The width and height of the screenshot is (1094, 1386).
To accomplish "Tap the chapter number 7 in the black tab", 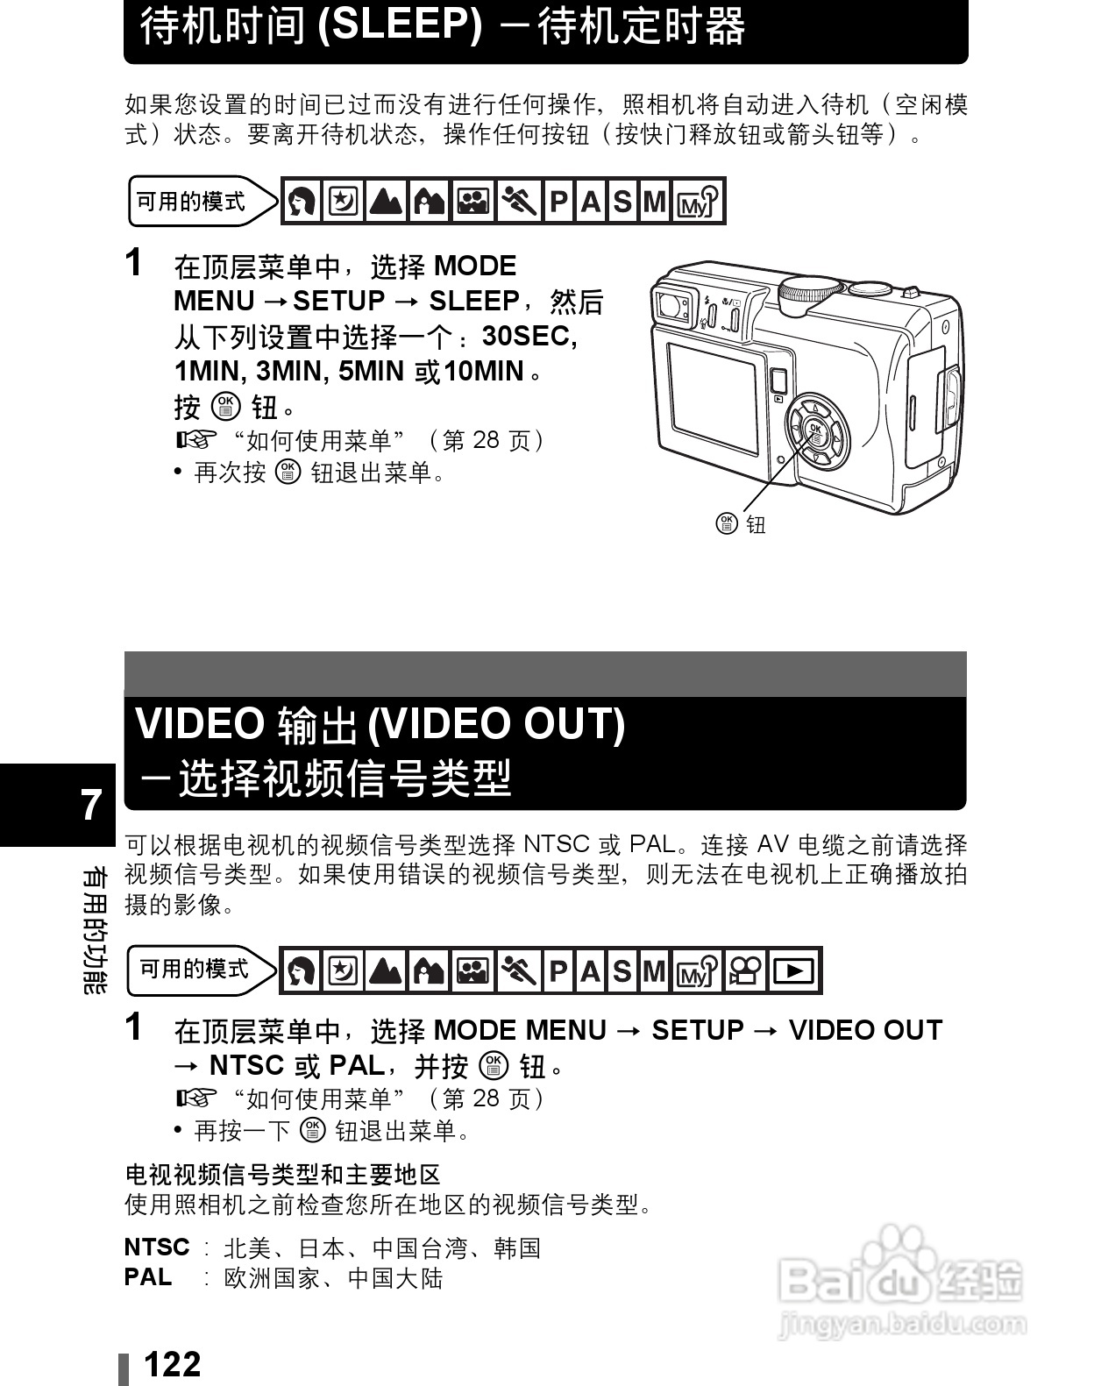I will (91, 805).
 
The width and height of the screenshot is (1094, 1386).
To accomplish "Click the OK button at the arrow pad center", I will (815, 430).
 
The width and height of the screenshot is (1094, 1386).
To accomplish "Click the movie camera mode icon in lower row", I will (746, 970).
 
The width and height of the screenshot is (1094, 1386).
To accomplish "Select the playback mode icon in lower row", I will (794, 970).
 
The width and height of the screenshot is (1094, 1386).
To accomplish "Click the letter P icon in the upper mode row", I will (558, 202).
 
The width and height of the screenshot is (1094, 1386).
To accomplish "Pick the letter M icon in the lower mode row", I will (653, 970).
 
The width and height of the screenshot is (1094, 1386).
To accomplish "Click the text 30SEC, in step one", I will (529, 336).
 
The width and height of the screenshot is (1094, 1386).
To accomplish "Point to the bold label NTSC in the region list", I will (157, 1247).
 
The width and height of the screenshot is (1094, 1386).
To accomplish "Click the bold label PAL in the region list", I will (148, 1276).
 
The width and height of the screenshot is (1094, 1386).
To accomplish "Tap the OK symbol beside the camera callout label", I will (726, 523).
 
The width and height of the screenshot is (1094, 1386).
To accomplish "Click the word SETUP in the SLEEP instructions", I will (338, 301).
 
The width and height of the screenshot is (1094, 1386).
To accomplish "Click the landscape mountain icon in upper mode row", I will (387, 202).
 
